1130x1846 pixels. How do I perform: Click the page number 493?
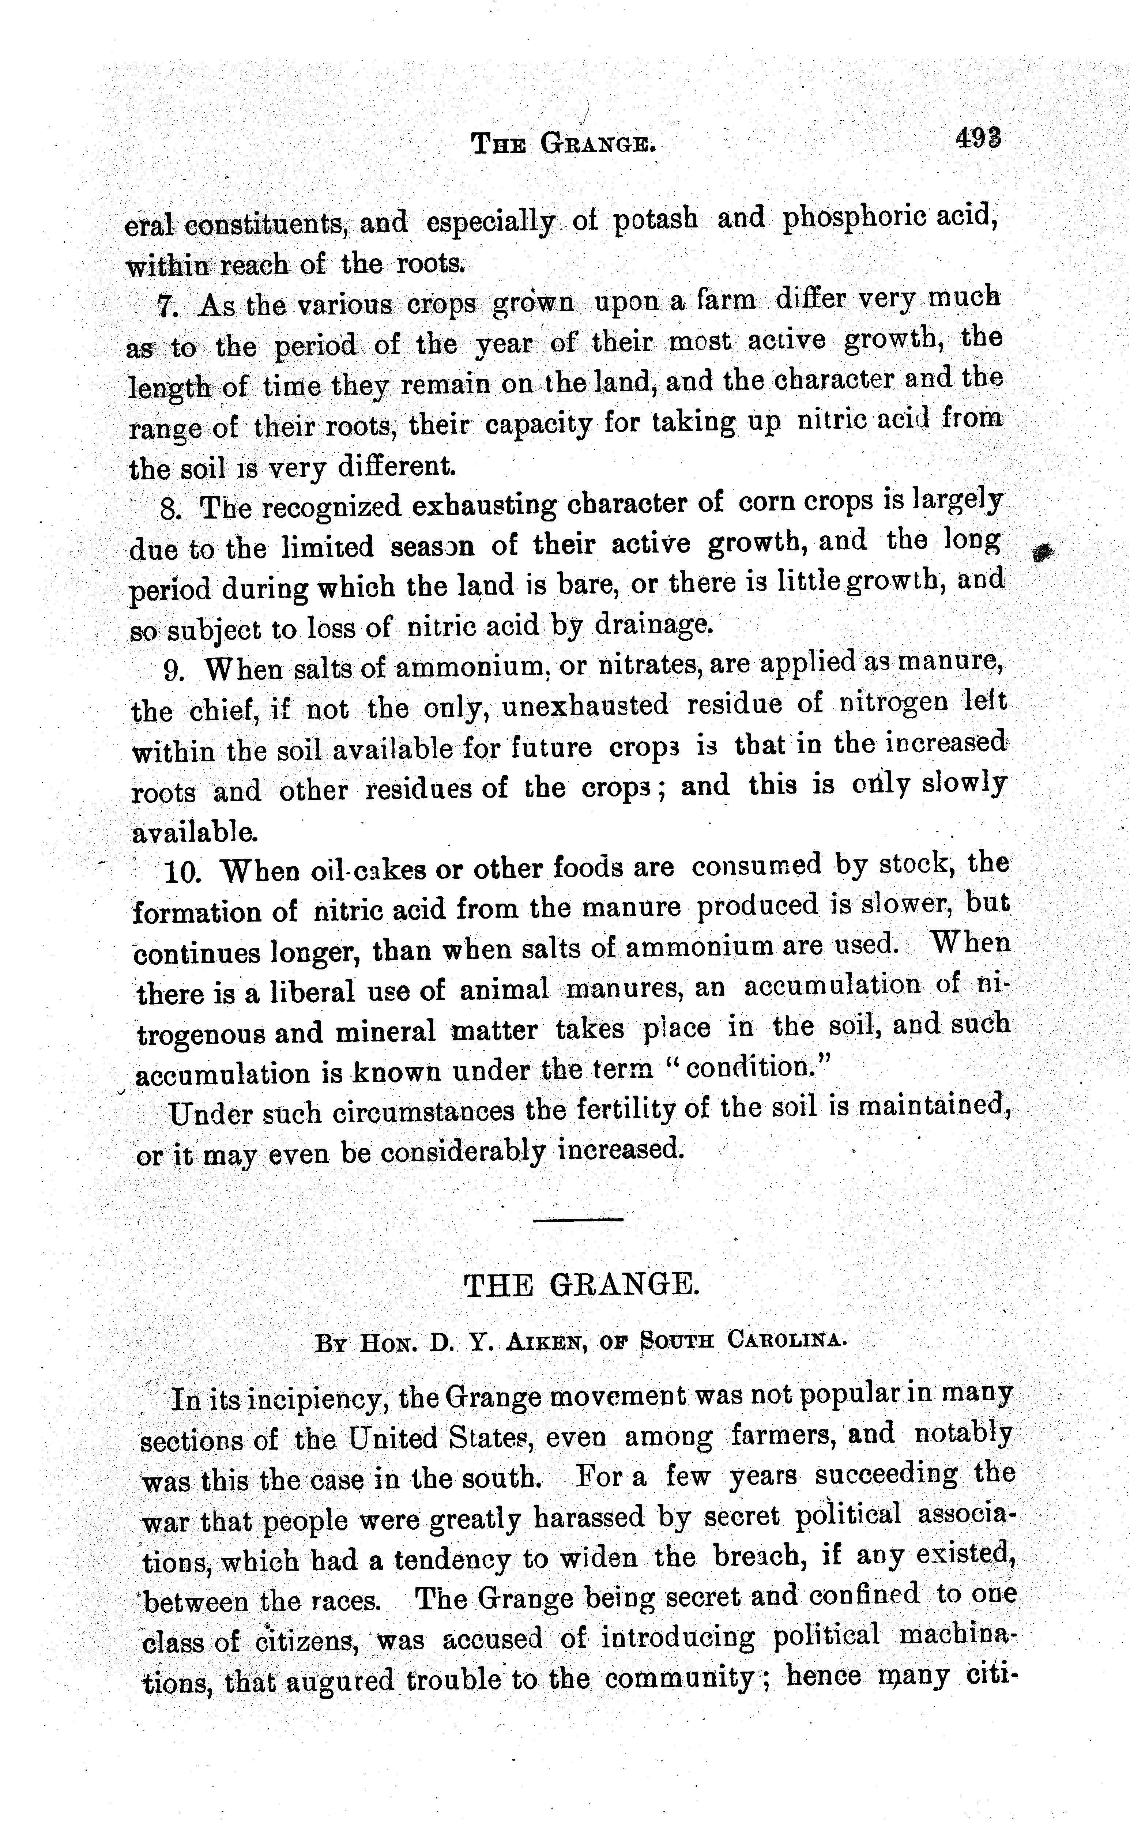[979, 139]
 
